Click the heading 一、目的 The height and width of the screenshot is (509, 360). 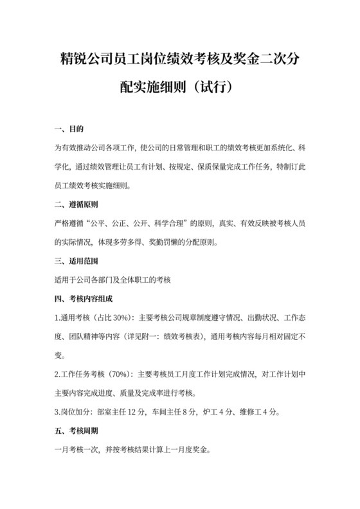click(x=70, y=129)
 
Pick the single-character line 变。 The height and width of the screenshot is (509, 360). click(x=61, y=355)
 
